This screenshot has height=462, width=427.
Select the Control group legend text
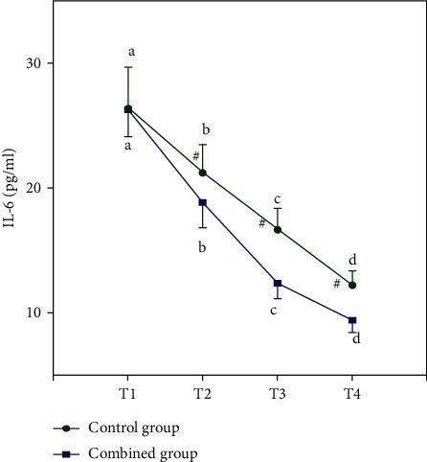tap(133, 427)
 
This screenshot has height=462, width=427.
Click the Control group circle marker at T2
tap(202, 173)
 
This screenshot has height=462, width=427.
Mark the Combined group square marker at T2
tap(202, 202)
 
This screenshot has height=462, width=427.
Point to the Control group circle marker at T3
tap(278, 229)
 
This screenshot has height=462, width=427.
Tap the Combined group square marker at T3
tap(278, 283)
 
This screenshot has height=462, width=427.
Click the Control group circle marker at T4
tap(352, 285)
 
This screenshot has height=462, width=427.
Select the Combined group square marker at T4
tap(352, 320)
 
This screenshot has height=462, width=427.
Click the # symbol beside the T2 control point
tap(195, 156)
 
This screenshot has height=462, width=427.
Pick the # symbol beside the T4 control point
tap(337, 284)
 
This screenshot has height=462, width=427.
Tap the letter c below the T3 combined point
tap(273, 310)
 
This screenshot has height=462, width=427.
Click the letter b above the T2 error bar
tap(205, 129)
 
